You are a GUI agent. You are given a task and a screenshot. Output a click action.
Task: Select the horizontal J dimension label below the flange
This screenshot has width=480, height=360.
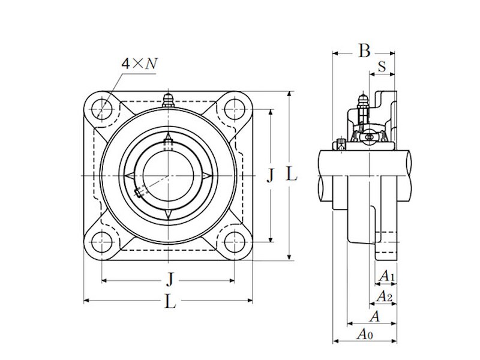click(170, 279)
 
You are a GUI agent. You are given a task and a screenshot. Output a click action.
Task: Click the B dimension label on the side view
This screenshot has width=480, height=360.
click(364, 52)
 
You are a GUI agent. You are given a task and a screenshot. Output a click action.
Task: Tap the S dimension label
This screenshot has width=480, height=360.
click(382, 67)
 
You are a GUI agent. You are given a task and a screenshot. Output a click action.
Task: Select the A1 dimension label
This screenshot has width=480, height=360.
click(387, 277)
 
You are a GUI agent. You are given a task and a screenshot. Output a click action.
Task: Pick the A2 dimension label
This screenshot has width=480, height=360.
click(384, 296)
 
